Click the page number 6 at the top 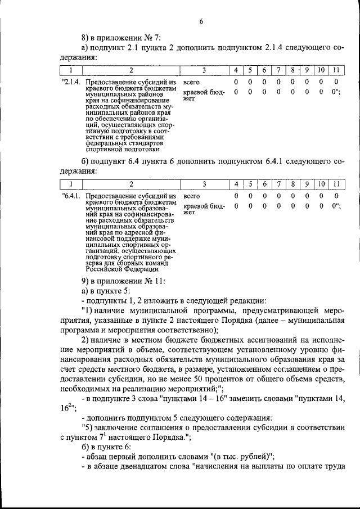[x=201, y=21]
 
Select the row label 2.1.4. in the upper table [x=72, y=83]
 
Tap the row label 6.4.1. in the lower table [x=72, y=196]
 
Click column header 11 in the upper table [x=335, y=70]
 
